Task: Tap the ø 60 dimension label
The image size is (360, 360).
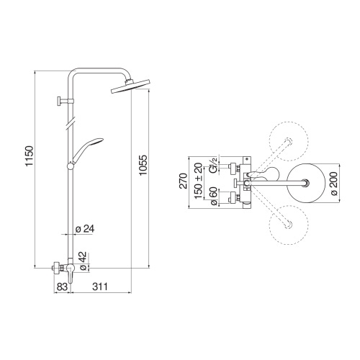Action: (x=213, y=196)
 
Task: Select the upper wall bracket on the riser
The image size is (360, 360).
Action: (x=63, y=101)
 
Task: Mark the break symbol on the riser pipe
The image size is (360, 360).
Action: (x=70, y=123)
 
